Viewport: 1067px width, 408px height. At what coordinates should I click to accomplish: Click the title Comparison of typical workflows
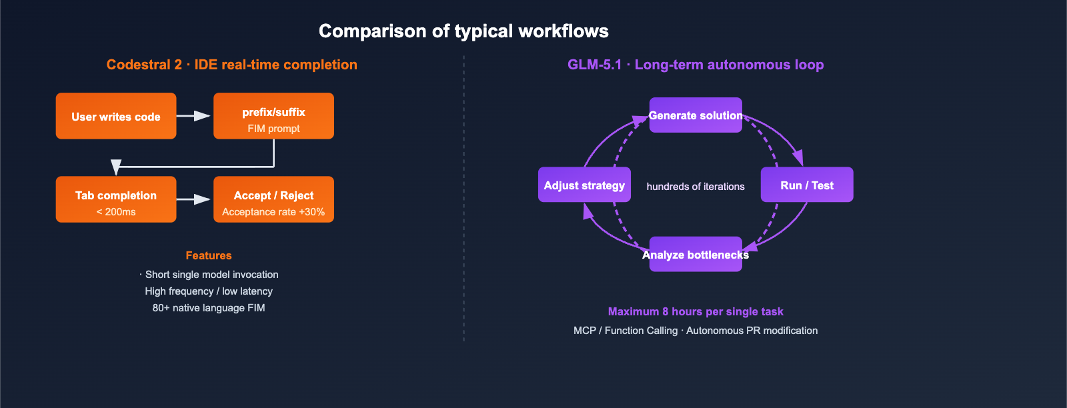click(463, 31)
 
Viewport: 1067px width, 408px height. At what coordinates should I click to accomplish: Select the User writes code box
click(116, 116)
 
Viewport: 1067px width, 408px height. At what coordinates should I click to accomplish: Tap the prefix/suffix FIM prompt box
click(273, 116)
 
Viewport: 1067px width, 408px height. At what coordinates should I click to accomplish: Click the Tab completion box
click(116, 199)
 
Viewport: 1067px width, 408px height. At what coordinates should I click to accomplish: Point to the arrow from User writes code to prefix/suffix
click(194, 116)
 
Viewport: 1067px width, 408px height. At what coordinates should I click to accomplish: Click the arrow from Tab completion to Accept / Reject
click(194, 199)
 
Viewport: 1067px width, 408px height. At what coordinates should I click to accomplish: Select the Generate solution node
click(696, 115)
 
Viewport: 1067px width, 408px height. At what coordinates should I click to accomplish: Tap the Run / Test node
click(807, 185)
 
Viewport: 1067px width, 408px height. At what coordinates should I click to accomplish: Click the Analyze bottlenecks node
click(696, 255)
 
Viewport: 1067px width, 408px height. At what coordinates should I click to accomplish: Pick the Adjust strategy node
click(584, 185)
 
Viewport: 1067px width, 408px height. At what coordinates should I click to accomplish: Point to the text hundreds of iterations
click(696, 187)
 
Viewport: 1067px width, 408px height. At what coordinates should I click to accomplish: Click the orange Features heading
click(209, 255)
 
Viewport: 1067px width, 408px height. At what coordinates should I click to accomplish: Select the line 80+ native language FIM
click(209, 308)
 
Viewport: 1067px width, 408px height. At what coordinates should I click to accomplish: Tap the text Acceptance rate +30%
click(273, 212)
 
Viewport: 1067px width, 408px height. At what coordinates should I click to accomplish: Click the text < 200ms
click(116, 212)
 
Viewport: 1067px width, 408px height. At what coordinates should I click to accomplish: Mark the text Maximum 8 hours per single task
click(696, 311)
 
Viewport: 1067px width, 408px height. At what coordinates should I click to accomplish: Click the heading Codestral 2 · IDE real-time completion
click(231, 65)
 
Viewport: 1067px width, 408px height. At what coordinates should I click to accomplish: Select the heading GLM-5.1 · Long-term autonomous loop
click(696, 65)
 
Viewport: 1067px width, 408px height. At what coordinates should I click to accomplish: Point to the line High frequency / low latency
click(209, 291)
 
